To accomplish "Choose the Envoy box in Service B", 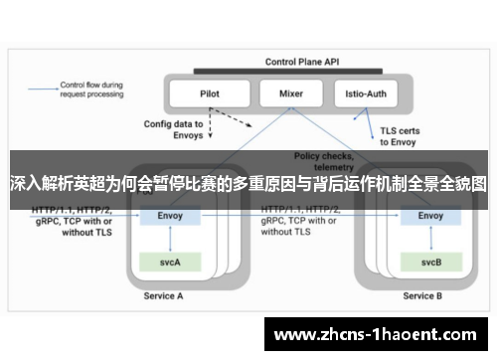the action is point(430,215).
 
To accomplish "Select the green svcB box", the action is point(430,262).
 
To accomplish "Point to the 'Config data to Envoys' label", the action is point(173,130).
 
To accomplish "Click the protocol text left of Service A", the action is point(72,223).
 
